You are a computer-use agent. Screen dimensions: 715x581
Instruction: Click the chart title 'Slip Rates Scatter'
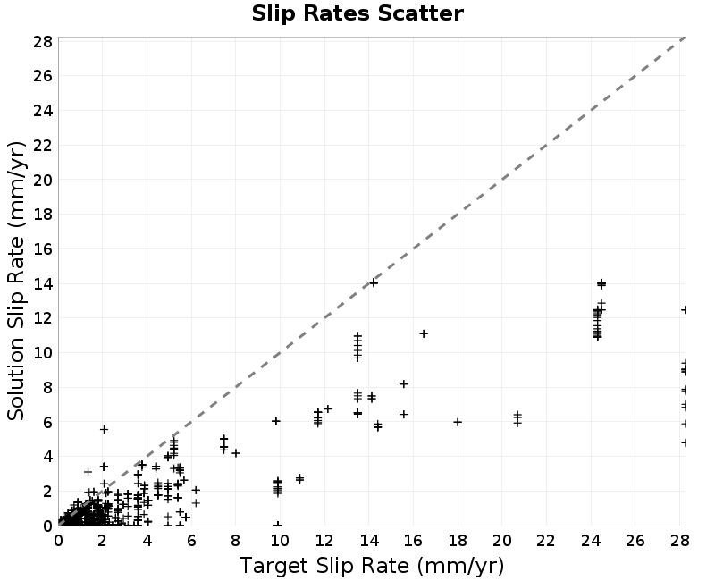[x=357, y=13]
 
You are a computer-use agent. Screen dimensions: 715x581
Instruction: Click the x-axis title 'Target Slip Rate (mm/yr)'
[x=372, y=566]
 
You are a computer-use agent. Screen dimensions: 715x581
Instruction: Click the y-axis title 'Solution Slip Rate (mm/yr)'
[x=16, y=281]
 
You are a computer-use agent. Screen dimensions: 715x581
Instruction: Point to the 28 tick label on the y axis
[x=43, y=41]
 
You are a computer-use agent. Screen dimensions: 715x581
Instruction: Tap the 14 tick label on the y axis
[x=43, y=283]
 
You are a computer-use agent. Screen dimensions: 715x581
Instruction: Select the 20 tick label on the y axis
[x=43, y=180]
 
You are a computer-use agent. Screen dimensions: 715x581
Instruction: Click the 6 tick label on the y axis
[x=47, y=422]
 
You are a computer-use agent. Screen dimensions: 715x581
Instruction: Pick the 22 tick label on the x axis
[x=546, y=541]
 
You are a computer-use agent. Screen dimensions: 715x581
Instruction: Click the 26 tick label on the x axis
[x=635, y=541]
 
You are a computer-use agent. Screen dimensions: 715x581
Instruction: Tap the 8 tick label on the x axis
[x=235, y=541]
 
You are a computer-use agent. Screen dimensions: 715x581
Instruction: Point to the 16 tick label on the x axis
[x=413, y=541]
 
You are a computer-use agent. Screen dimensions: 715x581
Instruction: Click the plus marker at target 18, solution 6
[x=458, y=422]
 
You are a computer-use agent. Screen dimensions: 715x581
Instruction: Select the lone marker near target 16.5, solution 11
[x=424, y=333]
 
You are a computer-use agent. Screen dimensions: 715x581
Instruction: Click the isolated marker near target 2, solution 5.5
[x=104, y=429]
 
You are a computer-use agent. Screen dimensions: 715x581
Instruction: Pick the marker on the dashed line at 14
[x=374, y=282]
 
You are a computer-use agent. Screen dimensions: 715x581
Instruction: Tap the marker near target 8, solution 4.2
[x=236, y=453]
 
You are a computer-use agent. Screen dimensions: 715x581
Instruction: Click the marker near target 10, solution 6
[x=276, y=421]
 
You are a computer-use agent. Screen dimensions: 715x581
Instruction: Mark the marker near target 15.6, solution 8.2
[x=404, y=384]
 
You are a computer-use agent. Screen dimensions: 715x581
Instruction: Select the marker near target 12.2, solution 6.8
[x=328, y=408]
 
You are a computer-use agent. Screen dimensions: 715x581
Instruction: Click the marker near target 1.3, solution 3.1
[x=88, y=472]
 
